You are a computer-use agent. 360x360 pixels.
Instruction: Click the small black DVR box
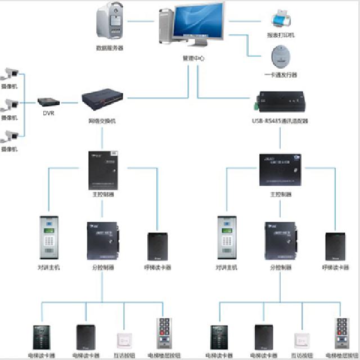(x=49, y=102)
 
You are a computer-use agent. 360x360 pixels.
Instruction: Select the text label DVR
(x=49, y=113)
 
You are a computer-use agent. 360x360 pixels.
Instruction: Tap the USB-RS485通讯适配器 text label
(x=280, y=120)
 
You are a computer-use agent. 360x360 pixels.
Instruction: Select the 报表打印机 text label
(x=281, y=35)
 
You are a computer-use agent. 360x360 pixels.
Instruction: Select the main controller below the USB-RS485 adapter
(x=280, y=169)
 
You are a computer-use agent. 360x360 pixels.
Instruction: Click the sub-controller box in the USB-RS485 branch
(x=280, y=240)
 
